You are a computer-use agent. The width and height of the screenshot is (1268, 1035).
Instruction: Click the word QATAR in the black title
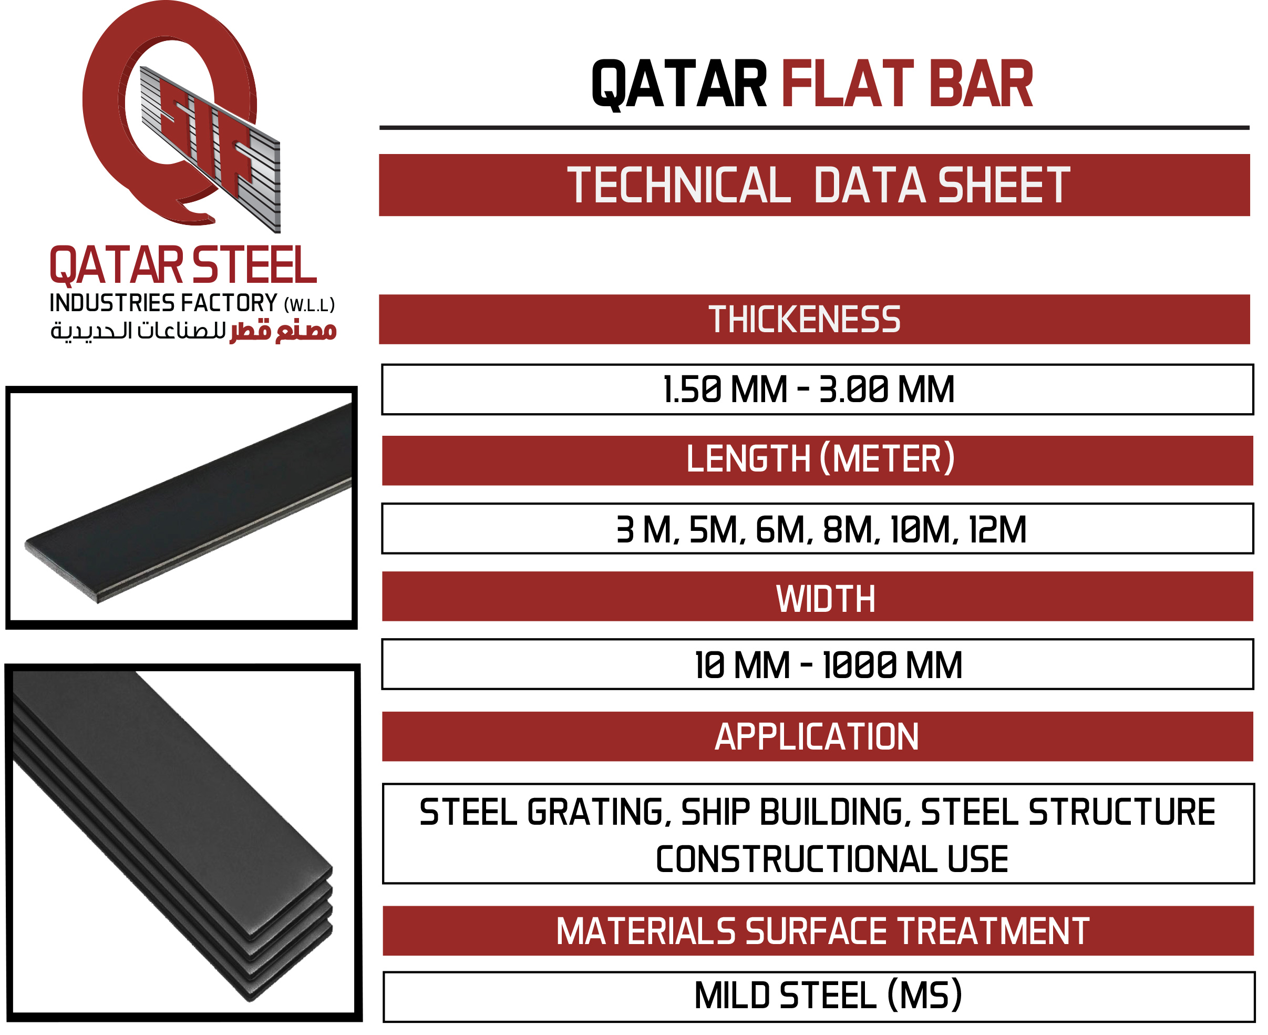pyautogui.click(x=679, y=84)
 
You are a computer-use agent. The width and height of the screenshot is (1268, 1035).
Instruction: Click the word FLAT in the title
pyautogui.click(x=847, y=84)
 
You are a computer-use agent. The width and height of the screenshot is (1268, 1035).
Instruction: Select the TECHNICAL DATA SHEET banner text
pyautogui.click(x=819, y=186)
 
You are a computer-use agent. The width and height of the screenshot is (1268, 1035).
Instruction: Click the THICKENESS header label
pyautogui.click(x=805, y=320)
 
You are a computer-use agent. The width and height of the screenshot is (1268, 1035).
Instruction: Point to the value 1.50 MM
pyautogui.click(x=725, y=390)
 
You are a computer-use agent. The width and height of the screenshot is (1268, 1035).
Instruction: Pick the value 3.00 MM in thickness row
pyautogui.click(x=886, y=390)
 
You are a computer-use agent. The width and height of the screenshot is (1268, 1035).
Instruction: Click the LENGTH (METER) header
pyautogui.click(x=820, y=459)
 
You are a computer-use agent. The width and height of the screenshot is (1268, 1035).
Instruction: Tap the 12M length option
pyautogui.click(x=997, y=530)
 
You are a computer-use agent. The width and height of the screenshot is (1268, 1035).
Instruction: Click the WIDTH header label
pyautogui.click(x=825, y=599)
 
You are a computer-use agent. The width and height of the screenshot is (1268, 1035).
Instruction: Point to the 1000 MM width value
pyautogui.click(x=892, y=665)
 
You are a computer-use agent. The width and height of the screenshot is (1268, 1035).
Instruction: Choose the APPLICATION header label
pyautogui.click(x=816, y=737)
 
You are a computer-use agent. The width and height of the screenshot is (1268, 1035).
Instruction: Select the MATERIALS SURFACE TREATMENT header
pyautogui.click(x=822, y=931)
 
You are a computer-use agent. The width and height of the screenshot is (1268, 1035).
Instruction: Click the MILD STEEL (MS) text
pyautogui.click(x=828, y=996)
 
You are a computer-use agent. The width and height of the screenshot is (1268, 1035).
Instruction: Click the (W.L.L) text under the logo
pyautogui.click(x=310, y=306)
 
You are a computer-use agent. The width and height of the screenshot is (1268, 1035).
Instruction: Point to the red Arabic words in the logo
pyautogui.click(x=284, y=330)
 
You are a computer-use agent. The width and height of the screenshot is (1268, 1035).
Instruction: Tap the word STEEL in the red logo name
pyautogui.click(x=254, y=266)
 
